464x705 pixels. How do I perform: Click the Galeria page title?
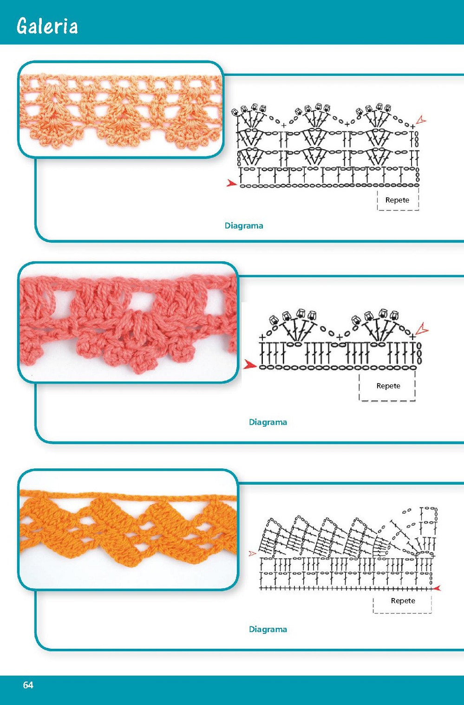click(47, 26)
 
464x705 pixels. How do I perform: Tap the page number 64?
click(28, 685)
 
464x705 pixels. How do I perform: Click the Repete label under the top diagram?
click(397, 200)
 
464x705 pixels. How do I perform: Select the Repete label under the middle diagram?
click(388, 386)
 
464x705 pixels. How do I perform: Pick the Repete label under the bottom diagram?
click(403, 600)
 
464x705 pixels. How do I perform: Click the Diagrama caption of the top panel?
click(244, 226)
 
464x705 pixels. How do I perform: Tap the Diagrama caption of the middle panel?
click(268, 422)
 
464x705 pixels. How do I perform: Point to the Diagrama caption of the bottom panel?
click(268, 629)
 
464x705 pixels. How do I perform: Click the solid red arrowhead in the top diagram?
click(231, 183)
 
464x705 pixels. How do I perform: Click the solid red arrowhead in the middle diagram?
click(250, 365)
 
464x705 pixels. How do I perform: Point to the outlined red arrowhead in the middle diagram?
click(422, 329)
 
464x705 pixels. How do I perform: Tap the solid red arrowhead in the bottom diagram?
click(437, 588)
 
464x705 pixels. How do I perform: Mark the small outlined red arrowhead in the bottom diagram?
click(253, 553)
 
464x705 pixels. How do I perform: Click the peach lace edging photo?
click(121, 109)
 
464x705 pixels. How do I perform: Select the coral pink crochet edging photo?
click(128, 322)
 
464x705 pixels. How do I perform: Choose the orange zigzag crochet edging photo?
click(128, 530)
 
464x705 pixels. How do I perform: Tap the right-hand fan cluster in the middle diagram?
click(375, 326)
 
